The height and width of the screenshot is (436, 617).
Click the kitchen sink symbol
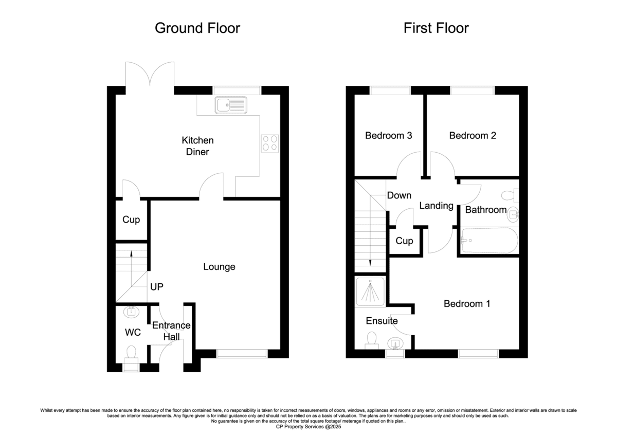pyautogui.click(x=231, y=105)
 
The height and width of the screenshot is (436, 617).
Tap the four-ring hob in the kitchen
pyautogui.click(x=269, y=143)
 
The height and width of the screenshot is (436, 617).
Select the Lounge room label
pyautogui.click(x=219, y=267)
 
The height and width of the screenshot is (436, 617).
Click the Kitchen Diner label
pyautogui.click(x=197, y=146)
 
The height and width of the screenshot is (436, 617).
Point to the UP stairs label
pyautogui.click(x=157, y=287)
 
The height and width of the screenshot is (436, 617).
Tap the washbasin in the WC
pyautogui.click(x=132, y=312)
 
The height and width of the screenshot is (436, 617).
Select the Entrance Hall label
pyautogui.click(x=171, y=331)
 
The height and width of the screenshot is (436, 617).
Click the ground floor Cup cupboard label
pyautogui.click(x=131, y=220)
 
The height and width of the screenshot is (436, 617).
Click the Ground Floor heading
pyautogui.click(x=197, y=28)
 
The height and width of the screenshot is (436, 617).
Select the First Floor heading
pyautogui.click(x=436, y=28)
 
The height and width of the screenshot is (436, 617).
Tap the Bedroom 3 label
pyautogui.click(x=388, y=136)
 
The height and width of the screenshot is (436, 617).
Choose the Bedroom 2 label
pyautogui.click(x=473, y=136)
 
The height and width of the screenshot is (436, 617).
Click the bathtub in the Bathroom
pyautogui.click(x=489, y=240)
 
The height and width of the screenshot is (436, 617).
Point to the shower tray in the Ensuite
pyautogui.click(x=370, y=292)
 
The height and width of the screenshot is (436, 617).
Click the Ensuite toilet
pyautogui.click(x=372, y=340)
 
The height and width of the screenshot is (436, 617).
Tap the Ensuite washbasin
pyautogui.click(x=395, y=343)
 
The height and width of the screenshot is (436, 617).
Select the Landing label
pyautogui.click(x=437, y=206)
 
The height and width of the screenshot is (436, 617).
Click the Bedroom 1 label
pyautogui.click(x=467, y=304)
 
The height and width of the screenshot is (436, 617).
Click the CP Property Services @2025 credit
pyautogui.click(x=308, y=427)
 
